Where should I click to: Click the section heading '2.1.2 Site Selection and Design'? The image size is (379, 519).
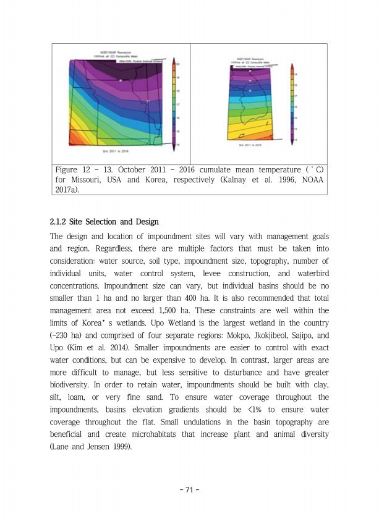click(104, 222)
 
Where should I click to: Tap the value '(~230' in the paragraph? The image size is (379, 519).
click(61, 334)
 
